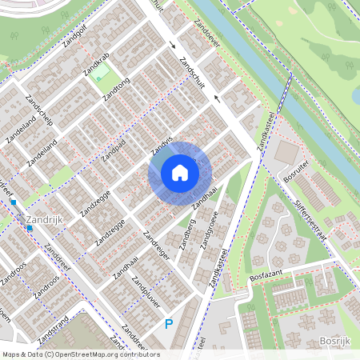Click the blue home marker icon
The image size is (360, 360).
click(180, 173)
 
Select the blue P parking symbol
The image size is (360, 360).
click(168, 323)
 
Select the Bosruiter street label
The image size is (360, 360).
click(297, 171)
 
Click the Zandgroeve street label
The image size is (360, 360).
click(209, 231)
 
